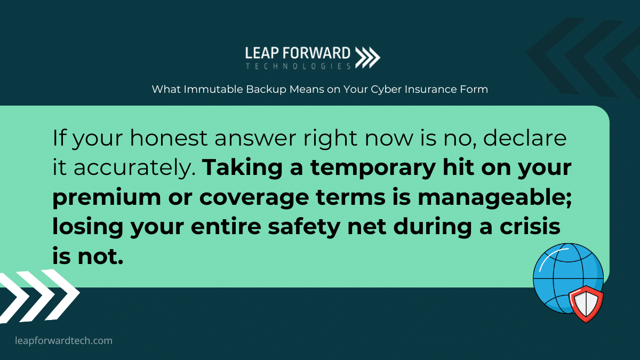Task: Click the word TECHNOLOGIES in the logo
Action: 298,66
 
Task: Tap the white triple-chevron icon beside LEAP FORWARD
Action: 367,58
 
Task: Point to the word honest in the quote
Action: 169,138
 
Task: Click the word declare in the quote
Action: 525,138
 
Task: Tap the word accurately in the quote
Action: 135,167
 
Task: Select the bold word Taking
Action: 242,167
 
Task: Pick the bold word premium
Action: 107,198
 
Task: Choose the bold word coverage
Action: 254,198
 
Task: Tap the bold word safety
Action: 303,227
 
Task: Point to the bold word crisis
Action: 530,227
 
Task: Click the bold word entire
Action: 226,227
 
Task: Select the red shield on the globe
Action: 586,303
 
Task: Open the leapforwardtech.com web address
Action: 63,341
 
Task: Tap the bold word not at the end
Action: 100,257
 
